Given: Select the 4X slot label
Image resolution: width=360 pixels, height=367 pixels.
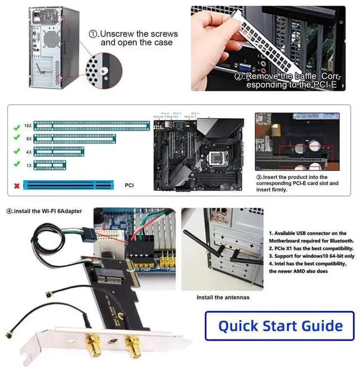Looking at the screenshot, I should tap(27, 152).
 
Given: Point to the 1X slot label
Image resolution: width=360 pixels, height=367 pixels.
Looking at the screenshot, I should tap(27, 165).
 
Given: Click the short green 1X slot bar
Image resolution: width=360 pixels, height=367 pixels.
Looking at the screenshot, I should tap(51, 164).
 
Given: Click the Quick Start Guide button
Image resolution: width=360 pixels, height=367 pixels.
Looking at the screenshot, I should tap(280, 325).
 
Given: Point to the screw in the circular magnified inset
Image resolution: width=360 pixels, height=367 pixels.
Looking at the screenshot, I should tap(103, 70).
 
